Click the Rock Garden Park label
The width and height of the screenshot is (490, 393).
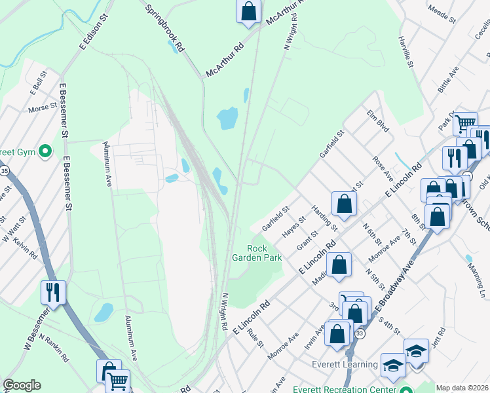265,252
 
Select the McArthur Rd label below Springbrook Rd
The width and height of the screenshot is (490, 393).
225,60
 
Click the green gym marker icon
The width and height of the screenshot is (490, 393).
45,152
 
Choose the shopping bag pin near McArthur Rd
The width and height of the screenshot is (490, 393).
249,11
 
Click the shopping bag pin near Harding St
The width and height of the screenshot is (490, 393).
344,204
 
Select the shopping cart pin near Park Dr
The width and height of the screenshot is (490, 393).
464,122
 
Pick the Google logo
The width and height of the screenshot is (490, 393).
22,385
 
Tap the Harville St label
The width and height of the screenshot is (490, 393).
406,52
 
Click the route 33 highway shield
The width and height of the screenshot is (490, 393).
360,334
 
